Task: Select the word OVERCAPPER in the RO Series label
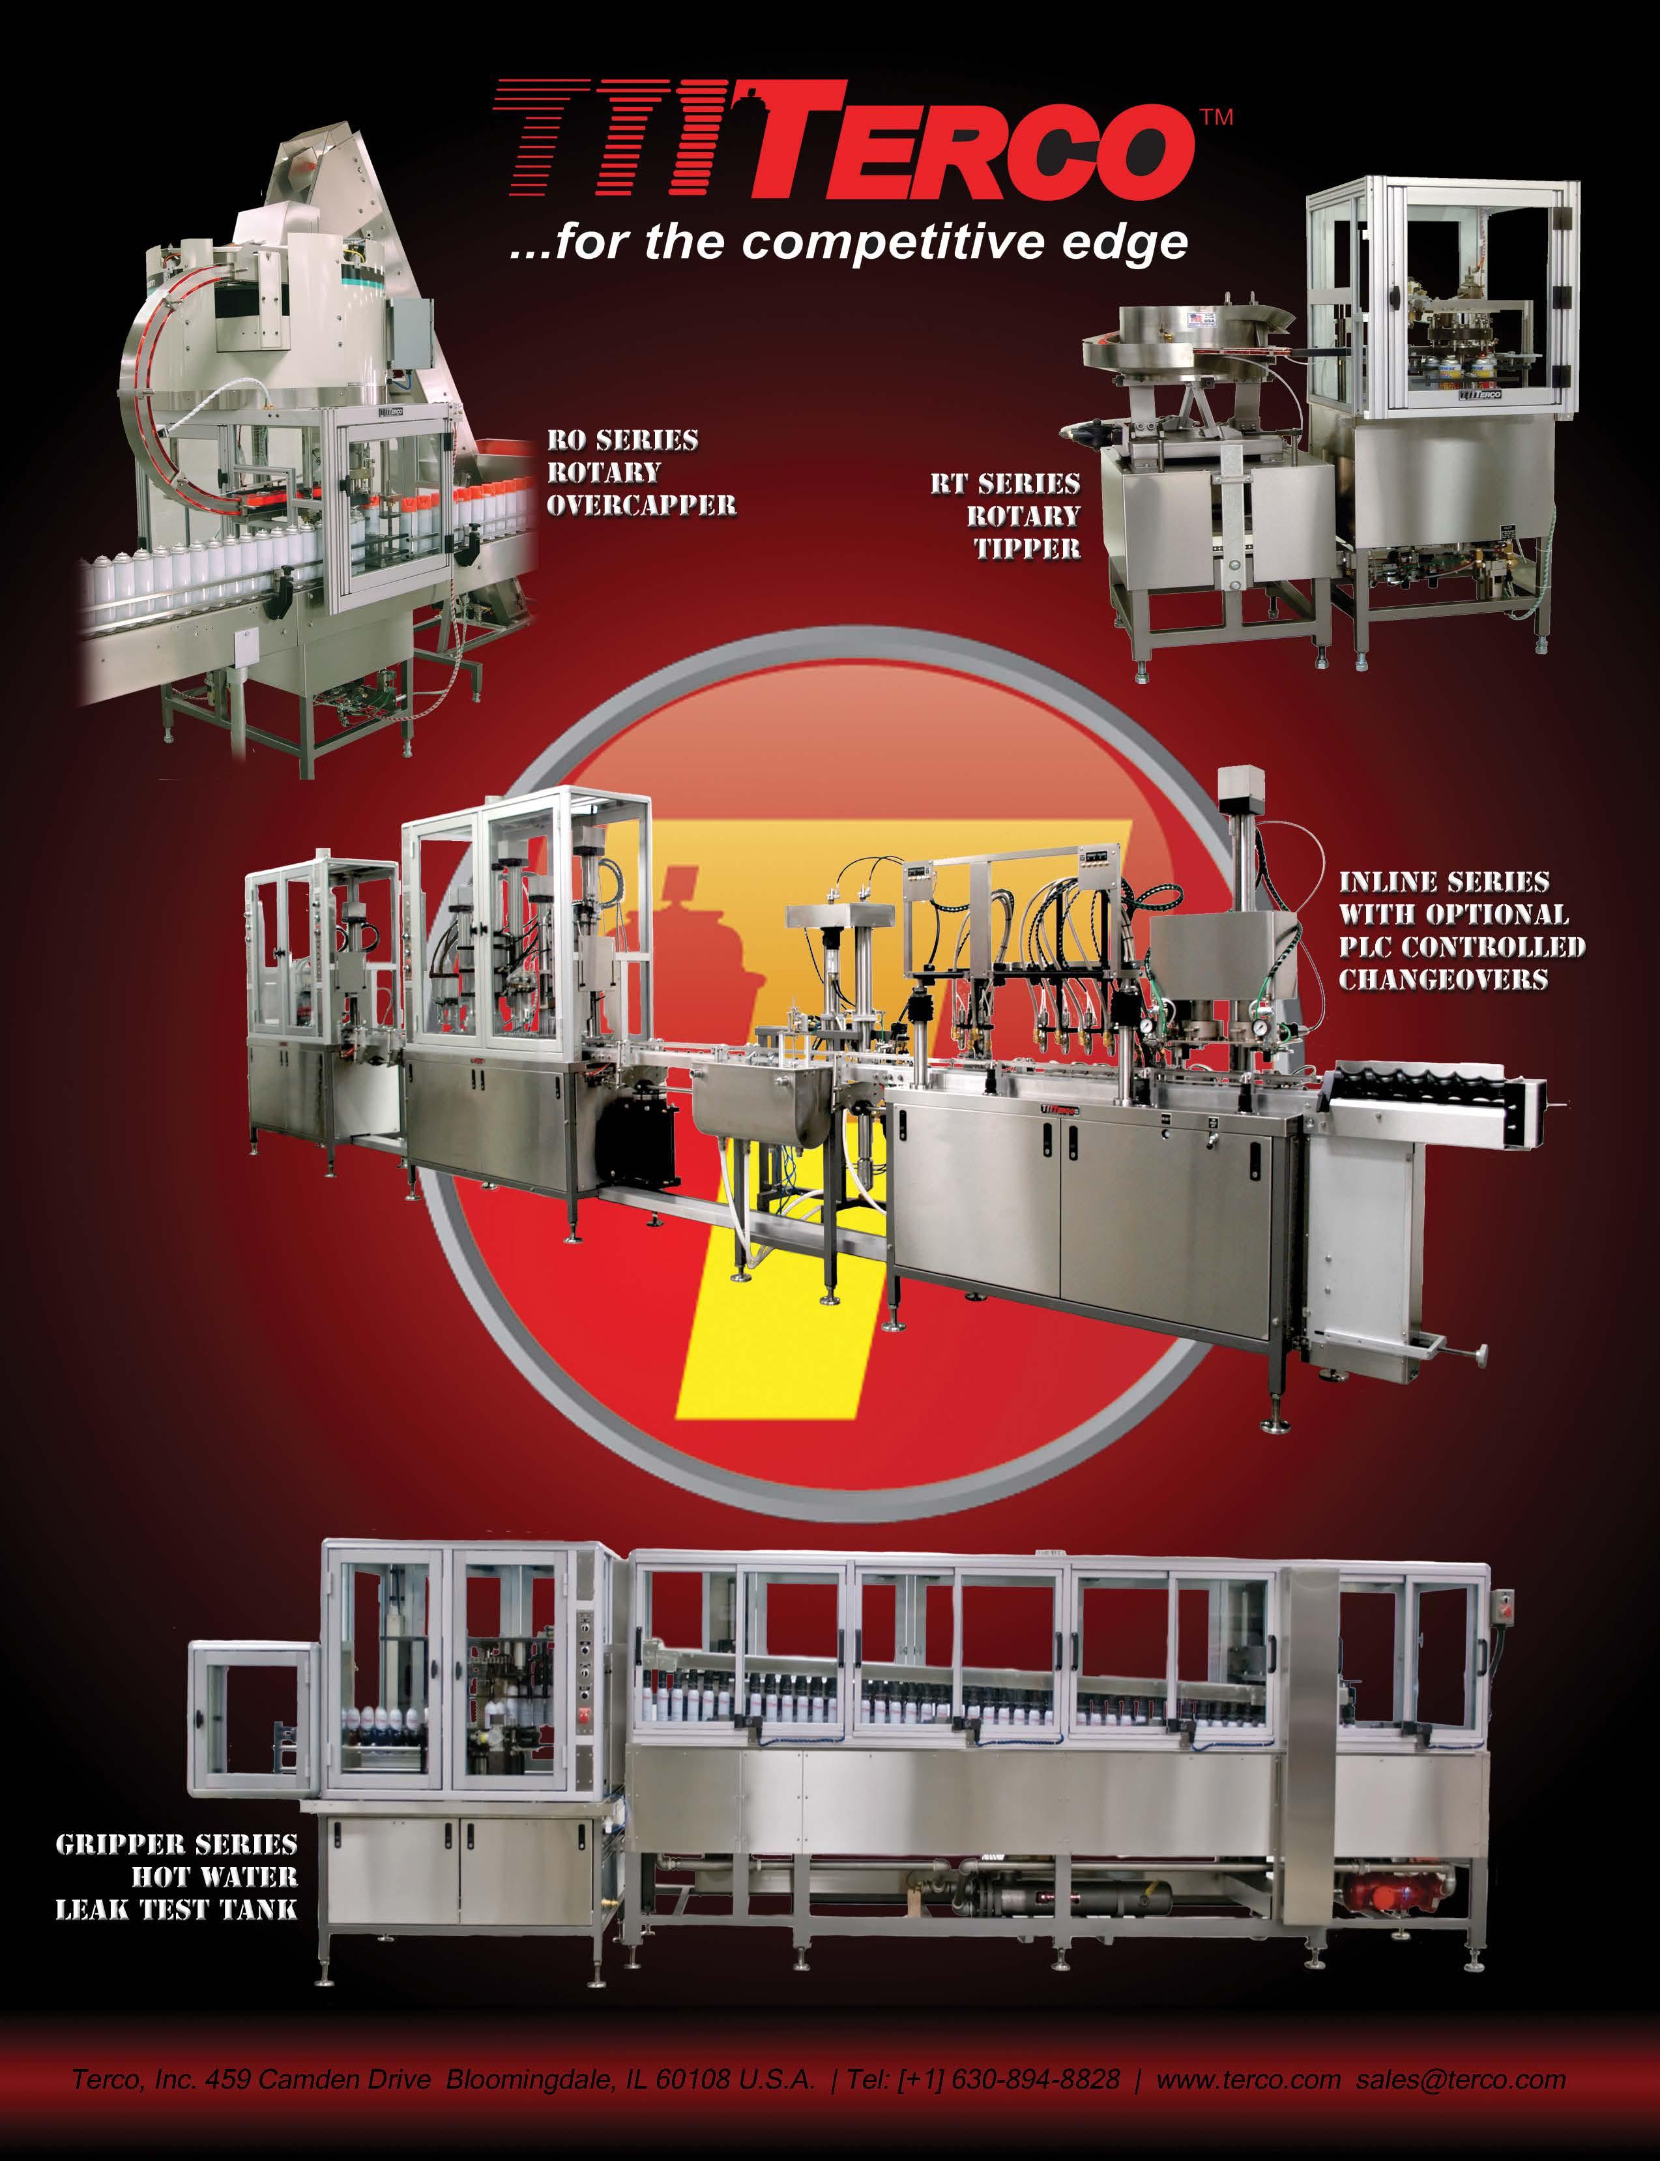641,505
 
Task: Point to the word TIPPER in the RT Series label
1028,548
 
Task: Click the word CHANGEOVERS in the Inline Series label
1444,979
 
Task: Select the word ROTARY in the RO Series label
603,473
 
